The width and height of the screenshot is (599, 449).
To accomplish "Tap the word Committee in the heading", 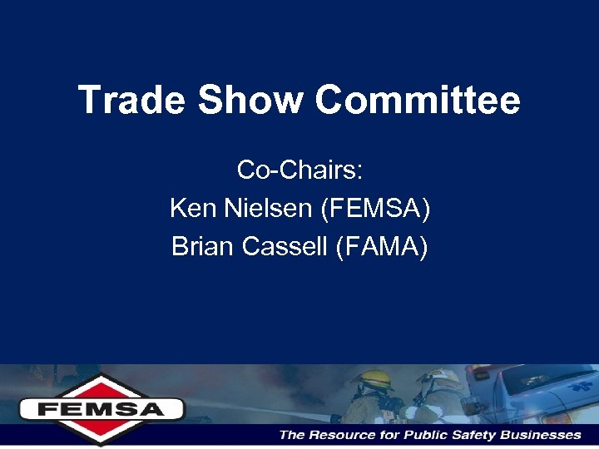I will click(418, 101).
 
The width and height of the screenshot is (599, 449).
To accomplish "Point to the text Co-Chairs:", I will click(299, 170).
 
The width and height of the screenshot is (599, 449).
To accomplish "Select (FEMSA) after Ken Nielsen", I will click(375, 209).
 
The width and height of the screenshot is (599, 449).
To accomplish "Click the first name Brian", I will click(200, 247).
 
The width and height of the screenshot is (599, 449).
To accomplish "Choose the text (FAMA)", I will click(382, 247).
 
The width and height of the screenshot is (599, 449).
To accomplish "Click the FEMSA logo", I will click(101, 408).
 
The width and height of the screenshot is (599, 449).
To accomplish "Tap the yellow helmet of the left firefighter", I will click(373, 379).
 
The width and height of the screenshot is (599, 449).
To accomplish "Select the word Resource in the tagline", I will click(343, 435).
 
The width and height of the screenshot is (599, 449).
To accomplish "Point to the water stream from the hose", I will click(250, 407).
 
